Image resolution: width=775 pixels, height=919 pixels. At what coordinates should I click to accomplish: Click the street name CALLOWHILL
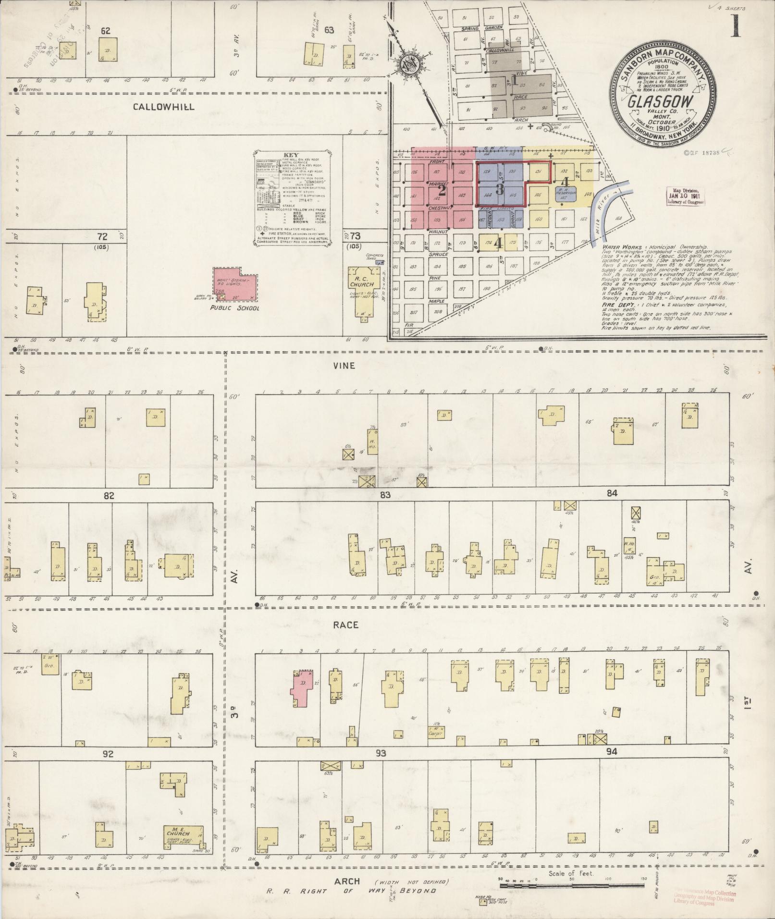164,107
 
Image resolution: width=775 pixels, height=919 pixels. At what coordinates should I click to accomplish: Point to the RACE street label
346,625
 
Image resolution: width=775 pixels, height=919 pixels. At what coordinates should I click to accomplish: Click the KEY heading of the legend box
291,155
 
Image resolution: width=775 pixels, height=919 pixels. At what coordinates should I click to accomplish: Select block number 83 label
384,494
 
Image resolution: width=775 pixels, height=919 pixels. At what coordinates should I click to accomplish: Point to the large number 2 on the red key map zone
443,191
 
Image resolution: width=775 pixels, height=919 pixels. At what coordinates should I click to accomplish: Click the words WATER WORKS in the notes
619,246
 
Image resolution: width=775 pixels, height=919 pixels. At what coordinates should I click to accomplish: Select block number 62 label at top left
106,31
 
